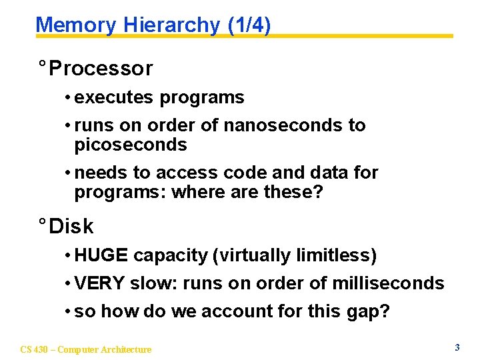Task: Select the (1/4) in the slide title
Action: tap(249, 25)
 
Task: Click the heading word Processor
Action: tap(101, 68)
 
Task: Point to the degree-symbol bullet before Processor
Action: tap(42, 65)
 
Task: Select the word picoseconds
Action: tap(131, 145)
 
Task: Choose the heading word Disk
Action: tap(71, 227)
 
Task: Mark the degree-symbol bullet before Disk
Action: tap(42, 224)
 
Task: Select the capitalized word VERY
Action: tap(100, 283)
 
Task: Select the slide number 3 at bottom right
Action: tap(457, 347)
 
